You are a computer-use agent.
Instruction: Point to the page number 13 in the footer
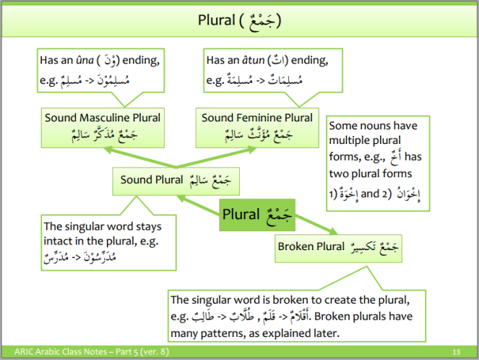tap(456, 352)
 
